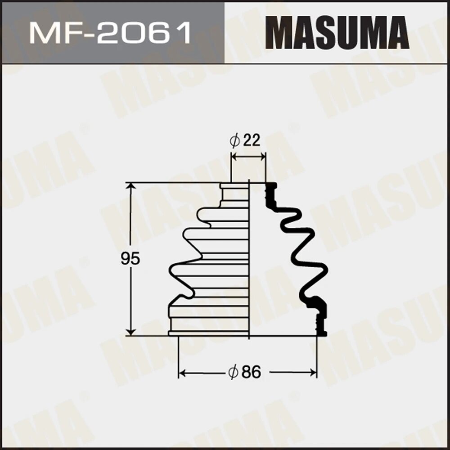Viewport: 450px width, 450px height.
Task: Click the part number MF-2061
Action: (x=111, y=33)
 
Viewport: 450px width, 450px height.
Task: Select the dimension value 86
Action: (x=251, y=373)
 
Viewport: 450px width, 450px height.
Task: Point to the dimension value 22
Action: (x=251, y=141)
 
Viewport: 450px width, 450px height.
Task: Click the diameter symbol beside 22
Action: (x=234, y=141)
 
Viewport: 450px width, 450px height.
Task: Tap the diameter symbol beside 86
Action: (x=233, y=373)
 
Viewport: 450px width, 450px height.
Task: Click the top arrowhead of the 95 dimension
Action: (x=130, y=186)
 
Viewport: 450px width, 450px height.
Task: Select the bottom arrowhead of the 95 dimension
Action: (x=130, y=332)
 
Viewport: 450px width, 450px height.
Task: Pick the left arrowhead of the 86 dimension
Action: (x=182, y=373)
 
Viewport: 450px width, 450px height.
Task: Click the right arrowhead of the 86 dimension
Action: (x=313, y=373)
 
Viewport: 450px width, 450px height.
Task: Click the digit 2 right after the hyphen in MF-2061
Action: (x=111, y=33)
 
